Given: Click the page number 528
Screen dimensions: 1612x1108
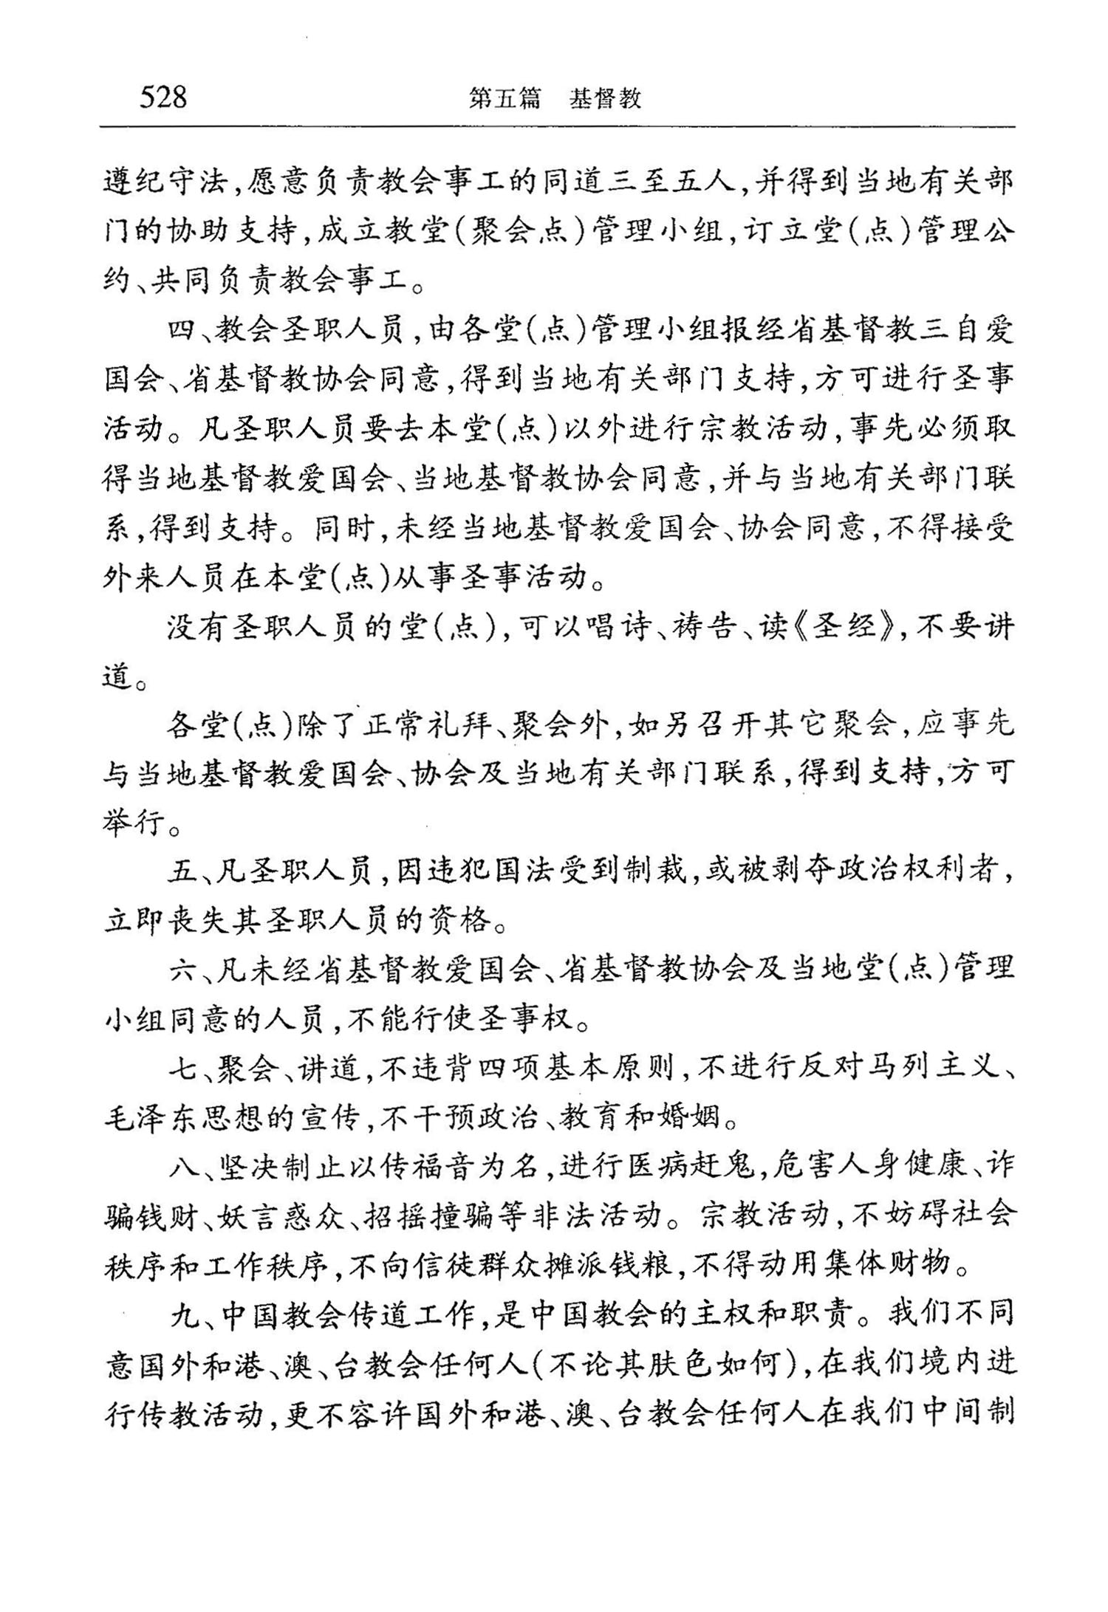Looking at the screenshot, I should tap(163, 97).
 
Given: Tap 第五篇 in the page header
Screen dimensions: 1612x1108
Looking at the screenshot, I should tap(505, 98).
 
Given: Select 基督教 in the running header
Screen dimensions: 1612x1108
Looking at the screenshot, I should tap(605, 98).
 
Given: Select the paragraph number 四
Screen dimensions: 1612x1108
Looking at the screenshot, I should tap(179, 331).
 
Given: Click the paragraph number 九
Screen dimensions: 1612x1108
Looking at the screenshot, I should tap(179, 1314).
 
